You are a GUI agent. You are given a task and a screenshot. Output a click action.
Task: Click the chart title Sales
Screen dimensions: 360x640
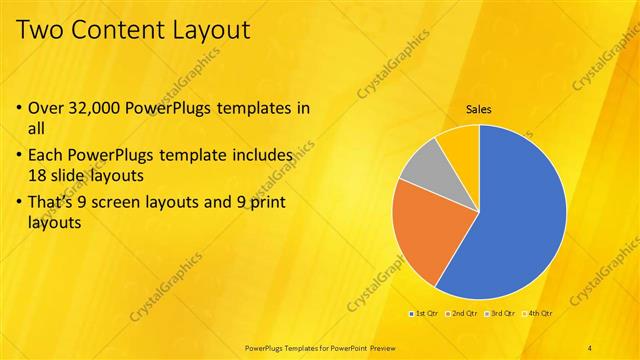point(479,110)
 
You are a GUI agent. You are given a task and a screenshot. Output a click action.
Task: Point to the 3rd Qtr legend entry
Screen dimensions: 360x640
point(500,313)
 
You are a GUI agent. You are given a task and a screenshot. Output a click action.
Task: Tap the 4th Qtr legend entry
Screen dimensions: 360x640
point(538,313)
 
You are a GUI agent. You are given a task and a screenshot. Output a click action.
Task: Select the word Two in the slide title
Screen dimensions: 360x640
point(40,29)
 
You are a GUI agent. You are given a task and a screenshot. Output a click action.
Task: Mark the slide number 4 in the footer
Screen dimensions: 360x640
point(591,347)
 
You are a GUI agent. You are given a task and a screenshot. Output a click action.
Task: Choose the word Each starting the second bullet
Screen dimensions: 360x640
point(47,155)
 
